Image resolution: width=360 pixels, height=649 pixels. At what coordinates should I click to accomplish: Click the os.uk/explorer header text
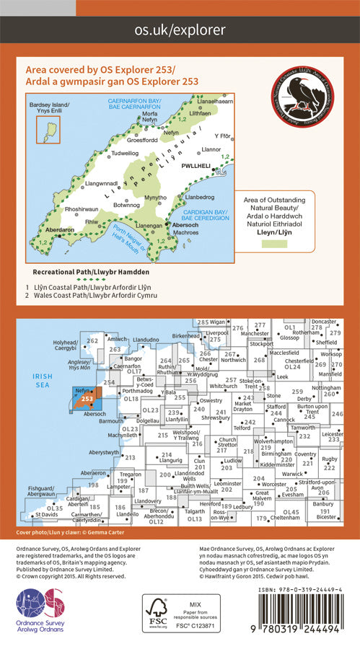[x=180, y=30]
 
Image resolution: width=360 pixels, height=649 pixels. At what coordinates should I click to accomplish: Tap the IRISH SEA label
[x=35, y=380]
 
